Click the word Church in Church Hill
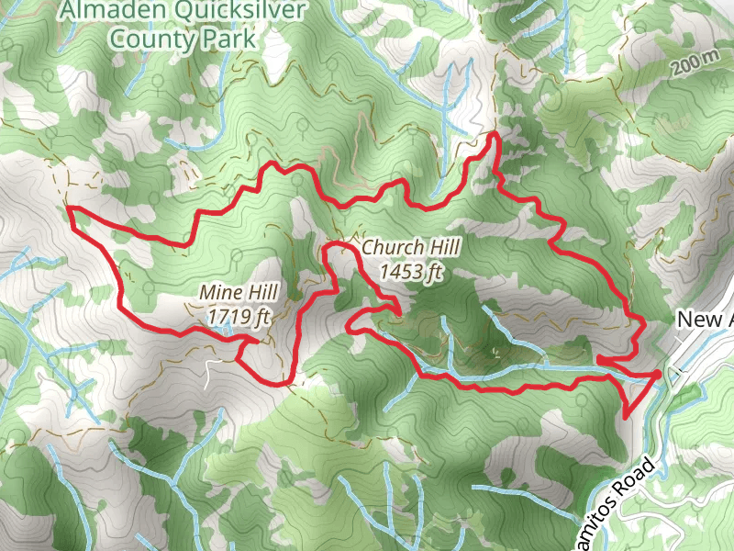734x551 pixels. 393,247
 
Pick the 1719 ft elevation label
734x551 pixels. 239,317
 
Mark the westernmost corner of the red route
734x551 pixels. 69,209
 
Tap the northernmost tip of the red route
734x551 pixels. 494,134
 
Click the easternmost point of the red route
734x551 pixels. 660,374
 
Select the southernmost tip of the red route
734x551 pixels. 626,418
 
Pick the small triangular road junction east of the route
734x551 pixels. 676,372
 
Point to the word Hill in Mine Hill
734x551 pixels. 259,293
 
